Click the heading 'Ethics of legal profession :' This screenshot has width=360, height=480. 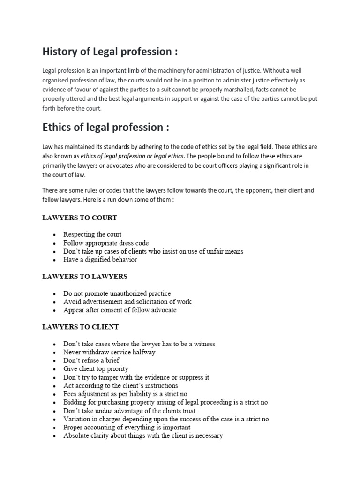pos(106,127)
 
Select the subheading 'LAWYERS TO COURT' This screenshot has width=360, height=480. pos(80,218)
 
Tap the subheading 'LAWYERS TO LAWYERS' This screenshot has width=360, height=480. pos(85,277)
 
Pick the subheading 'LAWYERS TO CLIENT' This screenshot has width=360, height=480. pos(81,327)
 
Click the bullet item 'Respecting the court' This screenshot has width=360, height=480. pos(92,234)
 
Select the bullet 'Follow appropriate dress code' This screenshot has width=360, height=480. pos(106,243)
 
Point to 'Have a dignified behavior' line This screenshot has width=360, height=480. pos(100,260)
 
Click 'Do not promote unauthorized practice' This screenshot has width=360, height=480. pos(117,293)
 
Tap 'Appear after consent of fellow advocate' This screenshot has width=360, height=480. pos(120,310)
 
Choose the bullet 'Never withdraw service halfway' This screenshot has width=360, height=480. pos(109,352)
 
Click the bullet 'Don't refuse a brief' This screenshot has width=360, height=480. pos(91,360)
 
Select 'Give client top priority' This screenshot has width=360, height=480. pos(96,369)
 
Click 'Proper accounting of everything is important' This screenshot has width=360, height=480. pos(127,427)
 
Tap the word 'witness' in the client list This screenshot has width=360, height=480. pos(205,344)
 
